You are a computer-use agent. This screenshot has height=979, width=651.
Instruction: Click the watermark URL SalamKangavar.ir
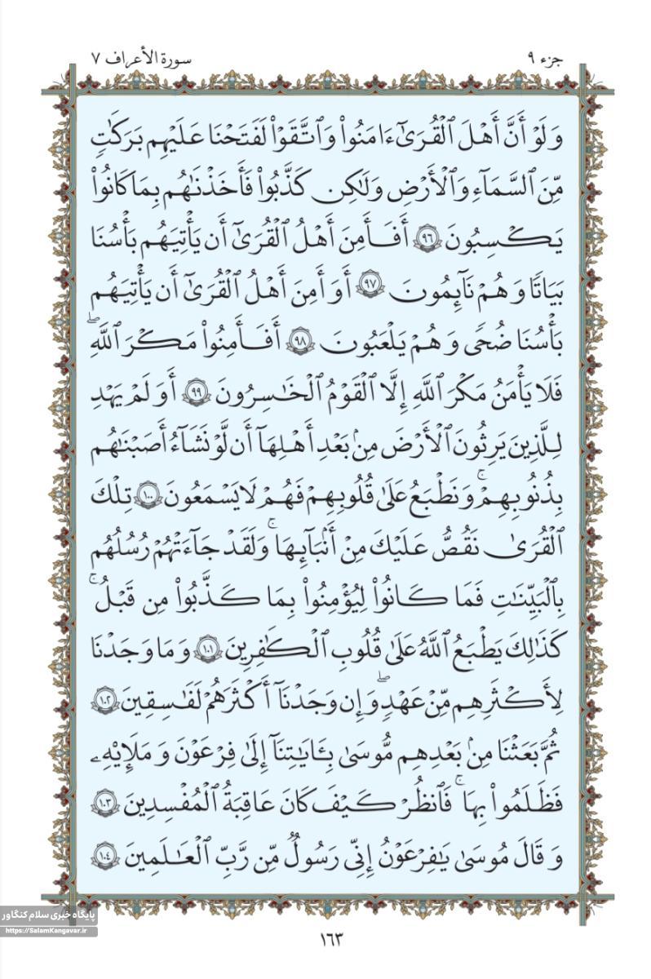pyautogui.click(x=49, y=931)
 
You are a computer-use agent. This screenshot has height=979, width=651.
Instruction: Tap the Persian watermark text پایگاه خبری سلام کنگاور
pyautogui.click(x=49, y=915)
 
